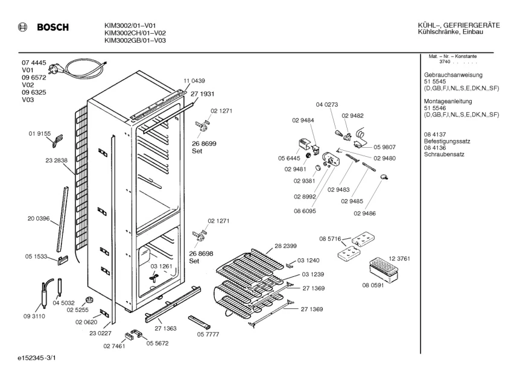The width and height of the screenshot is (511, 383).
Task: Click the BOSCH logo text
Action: [53, 27]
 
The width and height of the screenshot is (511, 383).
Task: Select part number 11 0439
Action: [194, 81]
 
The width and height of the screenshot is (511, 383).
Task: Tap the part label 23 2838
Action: [56, 160]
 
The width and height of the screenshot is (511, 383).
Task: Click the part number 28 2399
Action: [285, 246]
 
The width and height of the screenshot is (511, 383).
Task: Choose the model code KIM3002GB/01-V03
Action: [135, 40]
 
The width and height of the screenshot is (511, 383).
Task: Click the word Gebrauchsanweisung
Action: [448, 75]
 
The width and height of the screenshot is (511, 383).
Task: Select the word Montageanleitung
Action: [448, 101]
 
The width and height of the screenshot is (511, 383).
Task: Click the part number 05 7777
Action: [208, 334]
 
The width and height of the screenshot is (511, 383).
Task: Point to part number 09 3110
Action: [34, 316]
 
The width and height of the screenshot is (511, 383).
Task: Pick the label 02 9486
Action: [364, 214]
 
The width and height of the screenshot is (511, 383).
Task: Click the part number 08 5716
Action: [330, 239]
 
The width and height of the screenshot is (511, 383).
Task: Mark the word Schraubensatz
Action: [444, 154]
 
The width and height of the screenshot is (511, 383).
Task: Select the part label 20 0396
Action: [39, 218]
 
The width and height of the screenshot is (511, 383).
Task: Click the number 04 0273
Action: [327, 104]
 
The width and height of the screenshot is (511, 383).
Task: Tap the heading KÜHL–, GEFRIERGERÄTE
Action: [459, 25]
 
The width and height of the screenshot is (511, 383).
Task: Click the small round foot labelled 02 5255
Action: [89, 300]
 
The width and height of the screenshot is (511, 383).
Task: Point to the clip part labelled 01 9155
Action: [57, 140]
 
